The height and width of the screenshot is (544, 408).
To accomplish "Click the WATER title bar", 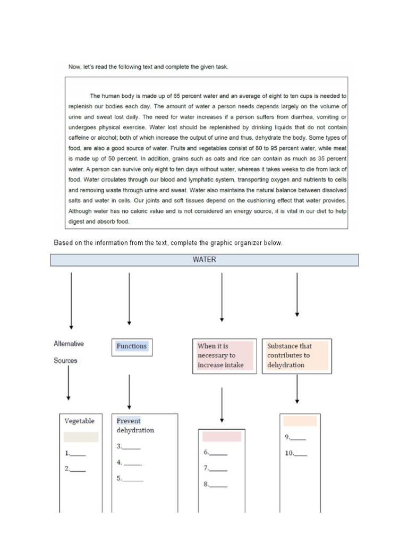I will [205, 260].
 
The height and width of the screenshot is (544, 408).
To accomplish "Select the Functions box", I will [131, 346].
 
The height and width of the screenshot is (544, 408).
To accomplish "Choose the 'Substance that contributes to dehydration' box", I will [296, 355].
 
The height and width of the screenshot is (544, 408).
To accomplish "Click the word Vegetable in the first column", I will [79, 421].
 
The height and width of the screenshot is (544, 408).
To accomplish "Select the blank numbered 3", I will [132, 447].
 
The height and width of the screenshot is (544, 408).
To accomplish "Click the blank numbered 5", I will [133, 478].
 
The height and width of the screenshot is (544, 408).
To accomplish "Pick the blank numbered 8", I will [218, 484].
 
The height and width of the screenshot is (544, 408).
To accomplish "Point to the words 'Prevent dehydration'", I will [135, 426].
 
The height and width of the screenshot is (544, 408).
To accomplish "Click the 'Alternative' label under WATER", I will [69, 344].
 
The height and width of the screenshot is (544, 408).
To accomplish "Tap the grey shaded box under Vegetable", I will [81, 437].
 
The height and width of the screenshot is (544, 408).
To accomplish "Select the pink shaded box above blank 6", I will [222, 436].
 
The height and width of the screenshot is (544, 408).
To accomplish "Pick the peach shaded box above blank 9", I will [300, 421].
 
